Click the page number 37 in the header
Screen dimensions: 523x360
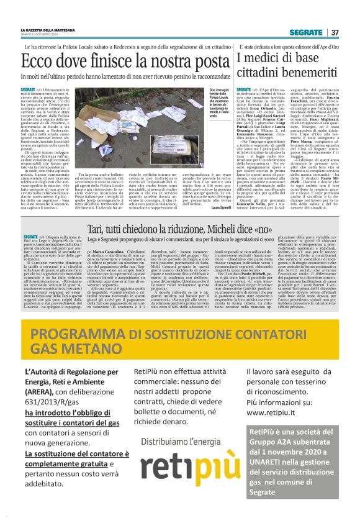[x=335, y=32]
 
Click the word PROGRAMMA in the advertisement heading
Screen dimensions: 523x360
[x=84, y=334]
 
